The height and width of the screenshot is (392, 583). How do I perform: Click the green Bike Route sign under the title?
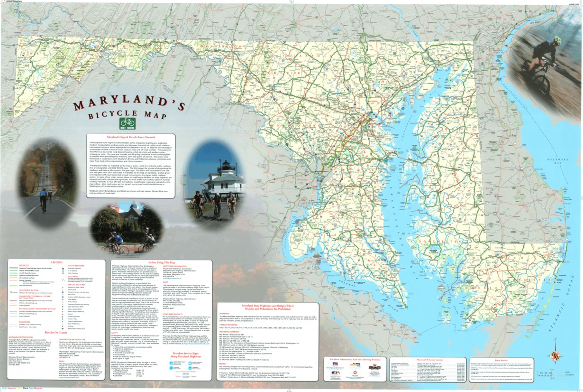(x=128, y=123)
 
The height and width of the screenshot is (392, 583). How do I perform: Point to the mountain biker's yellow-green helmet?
(x=557, y=40)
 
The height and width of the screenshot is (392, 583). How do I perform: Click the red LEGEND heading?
(x=56, y=262)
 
